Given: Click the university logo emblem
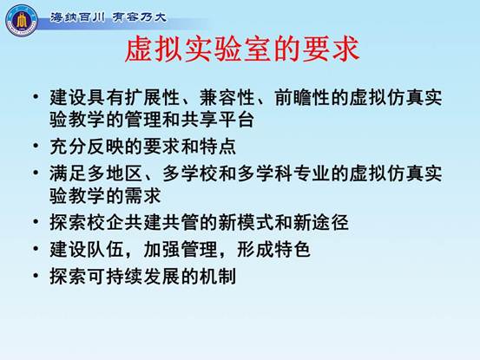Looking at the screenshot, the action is [21, 20].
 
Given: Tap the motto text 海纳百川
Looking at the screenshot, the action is [77, 17].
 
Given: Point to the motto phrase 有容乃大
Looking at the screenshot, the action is [139, 17].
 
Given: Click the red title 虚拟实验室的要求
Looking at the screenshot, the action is [242, 49].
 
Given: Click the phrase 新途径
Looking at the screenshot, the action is [321, 222].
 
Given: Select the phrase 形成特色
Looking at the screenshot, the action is [274, 249].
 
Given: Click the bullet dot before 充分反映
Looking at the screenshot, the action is [36, 146].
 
